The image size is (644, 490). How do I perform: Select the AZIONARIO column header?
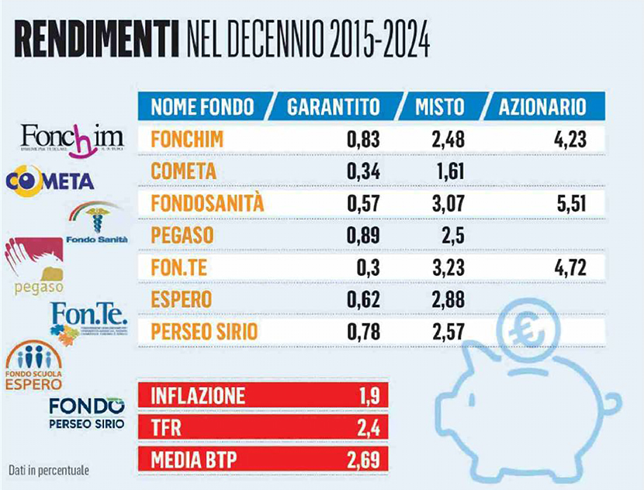542,106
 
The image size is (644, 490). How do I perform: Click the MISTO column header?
438,106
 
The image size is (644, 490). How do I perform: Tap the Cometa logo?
50,181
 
